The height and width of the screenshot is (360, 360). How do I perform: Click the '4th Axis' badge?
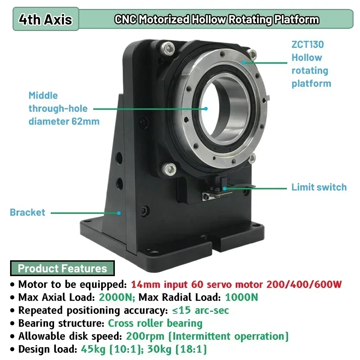click(x=45, y=19)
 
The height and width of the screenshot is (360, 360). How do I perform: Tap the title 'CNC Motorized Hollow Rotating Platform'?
click(x=217, y=19)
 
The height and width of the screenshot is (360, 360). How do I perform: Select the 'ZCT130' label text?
click(x=307, y=45)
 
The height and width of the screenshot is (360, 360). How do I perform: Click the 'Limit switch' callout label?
click(x=319, y=187)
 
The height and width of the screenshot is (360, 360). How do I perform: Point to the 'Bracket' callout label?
click(x=28, y=212)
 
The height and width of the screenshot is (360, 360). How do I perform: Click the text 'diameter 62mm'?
click(x=64, y=121)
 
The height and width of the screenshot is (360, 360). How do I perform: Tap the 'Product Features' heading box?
click(x=62, y=269)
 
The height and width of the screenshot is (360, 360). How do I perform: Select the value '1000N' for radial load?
click(x=241, y=297)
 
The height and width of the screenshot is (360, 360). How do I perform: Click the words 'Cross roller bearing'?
click(x=155, y=323)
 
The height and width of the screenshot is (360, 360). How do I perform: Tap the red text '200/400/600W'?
click(x=303, y=284)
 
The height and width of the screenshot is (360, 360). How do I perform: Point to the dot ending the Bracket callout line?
click(x=118, y=213)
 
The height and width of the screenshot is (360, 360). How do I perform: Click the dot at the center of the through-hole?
click(x=206, y=108)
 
